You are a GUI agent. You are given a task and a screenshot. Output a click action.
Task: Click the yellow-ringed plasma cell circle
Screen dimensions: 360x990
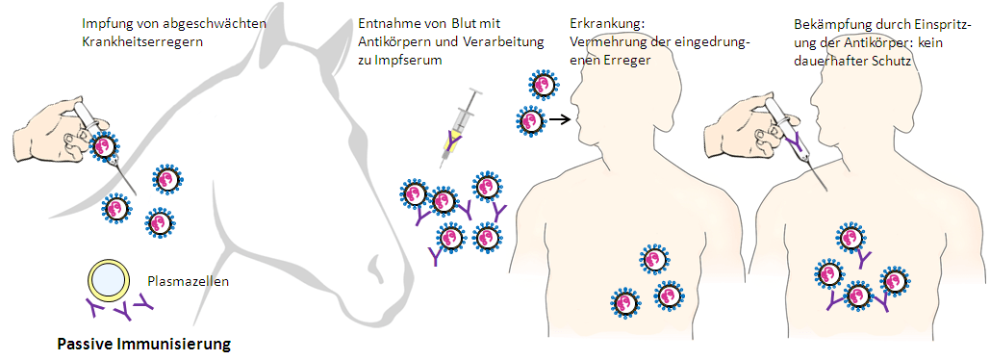coord(107,279)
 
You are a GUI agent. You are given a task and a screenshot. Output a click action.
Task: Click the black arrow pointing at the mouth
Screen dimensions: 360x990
coord(557,120)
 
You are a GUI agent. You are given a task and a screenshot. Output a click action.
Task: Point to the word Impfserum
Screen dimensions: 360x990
coord(417,61)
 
